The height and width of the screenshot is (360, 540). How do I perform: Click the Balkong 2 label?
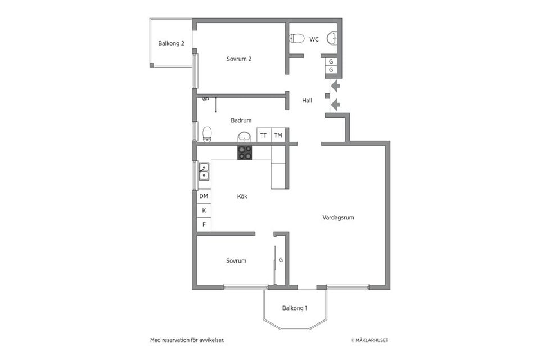pos(171,43)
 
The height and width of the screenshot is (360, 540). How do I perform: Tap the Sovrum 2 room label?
pos(239,59)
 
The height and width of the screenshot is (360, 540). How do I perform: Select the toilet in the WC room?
pos(296,38)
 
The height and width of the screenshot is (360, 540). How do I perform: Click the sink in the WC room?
pos(332,38)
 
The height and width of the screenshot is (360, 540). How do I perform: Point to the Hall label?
pos(307,101)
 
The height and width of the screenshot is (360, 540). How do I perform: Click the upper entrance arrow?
pos(335,85)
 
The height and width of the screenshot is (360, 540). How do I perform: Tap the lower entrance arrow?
pos(335,105)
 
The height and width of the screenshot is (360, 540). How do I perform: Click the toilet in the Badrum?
pos(207,134)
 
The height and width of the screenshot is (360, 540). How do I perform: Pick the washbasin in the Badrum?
pos(245,137)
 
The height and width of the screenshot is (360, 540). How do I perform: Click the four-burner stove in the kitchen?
pos(245,152)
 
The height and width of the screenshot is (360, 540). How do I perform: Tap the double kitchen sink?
pos(204,172)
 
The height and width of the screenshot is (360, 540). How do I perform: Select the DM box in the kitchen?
pos(204,196)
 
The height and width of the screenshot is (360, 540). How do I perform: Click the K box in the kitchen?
pos(204,210)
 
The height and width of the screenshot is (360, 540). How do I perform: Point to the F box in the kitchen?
pos(204,224)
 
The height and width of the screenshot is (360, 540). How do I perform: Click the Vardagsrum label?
pos(338,217)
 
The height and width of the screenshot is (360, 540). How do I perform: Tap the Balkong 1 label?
pos(294,308)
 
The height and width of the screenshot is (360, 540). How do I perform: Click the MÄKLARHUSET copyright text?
pos(370,340)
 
